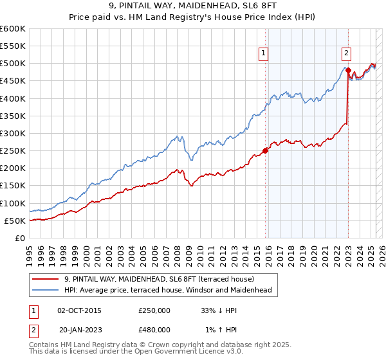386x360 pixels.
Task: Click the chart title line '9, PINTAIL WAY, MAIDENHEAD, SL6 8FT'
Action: coord(192,7)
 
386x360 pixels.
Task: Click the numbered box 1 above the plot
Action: coord(264,54)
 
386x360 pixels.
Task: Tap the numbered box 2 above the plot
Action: coord(346,54)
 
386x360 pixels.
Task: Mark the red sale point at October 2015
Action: coord(265,151)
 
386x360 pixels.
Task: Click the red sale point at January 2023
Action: coord(348,70)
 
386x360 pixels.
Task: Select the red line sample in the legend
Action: coord(45,279)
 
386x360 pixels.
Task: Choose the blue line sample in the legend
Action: coord(45,290)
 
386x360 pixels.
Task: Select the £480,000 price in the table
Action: coord(154,330)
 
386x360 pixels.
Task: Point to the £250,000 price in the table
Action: coord(154,310)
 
